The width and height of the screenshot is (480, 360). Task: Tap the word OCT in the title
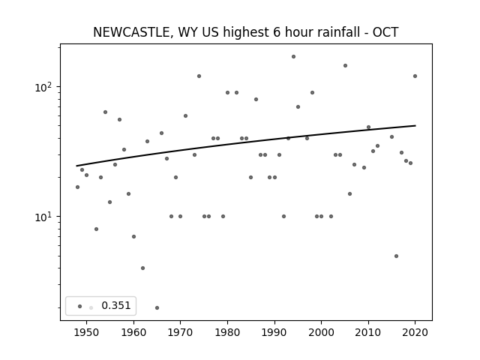click(385, 32)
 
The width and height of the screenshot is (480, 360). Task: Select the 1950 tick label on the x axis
click(87, 332)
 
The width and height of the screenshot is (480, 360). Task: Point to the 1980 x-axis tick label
click(227, 332)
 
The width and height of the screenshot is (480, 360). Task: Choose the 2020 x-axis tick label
click(415, 332)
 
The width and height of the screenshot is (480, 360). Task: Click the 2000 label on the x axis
click(322, 332)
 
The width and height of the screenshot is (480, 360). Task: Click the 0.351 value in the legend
click(116, 305)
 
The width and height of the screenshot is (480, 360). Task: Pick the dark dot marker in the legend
click(80, 306)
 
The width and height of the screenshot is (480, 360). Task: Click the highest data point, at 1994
click(293, 57)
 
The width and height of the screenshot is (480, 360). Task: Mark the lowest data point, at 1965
click(157, 307)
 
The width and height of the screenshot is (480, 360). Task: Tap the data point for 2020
click(415, 76)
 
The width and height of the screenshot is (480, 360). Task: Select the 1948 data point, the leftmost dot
click(77, 187)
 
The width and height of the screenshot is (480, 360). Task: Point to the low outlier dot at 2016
click(397, 256)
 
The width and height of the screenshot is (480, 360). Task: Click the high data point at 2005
click(345, 65)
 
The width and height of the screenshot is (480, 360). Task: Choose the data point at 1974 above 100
click(199, 76)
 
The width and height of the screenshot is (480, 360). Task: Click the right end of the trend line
click(415, 125)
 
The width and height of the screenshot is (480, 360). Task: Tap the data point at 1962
click(142, 268)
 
